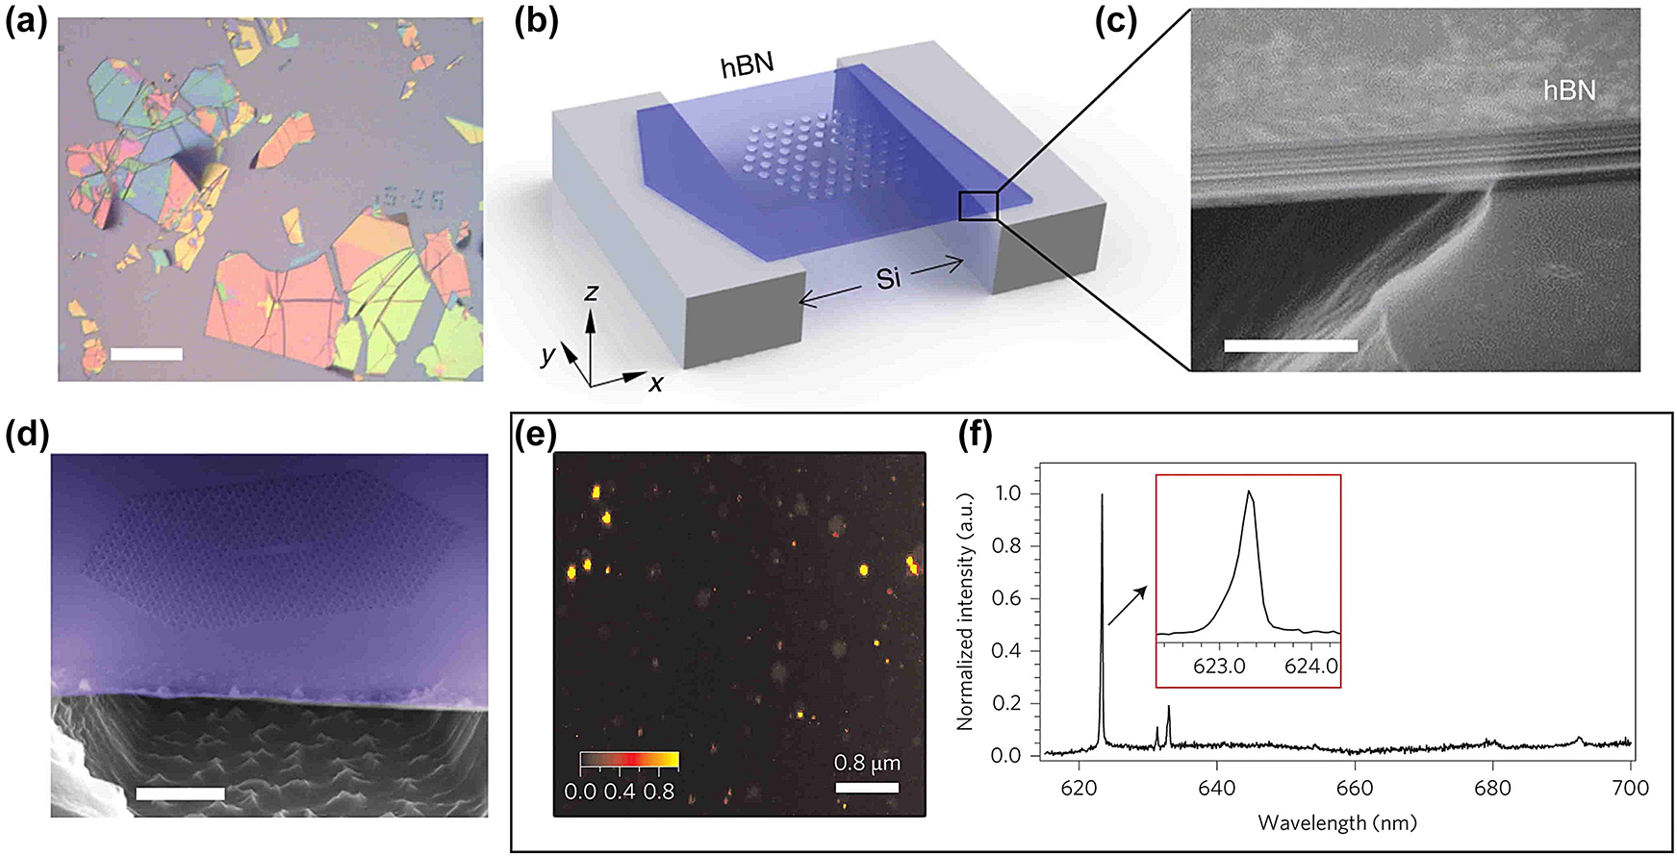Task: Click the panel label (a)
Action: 25,21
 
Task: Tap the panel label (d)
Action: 25,435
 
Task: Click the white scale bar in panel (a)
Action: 146,354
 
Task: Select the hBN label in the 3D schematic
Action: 747,65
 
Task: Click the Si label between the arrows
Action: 888,279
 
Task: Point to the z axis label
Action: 592,292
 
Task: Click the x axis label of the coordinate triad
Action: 655,384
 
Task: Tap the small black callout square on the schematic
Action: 978,206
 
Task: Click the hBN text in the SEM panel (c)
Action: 1569,90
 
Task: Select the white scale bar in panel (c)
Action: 1290,345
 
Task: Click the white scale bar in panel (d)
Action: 180,793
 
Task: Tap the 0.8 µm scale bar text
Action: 867,764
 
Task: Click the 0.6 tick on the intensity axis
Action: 1006,598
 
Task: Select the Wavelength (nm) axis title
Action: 1337,823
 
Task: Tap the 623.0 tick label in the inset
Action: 1219,667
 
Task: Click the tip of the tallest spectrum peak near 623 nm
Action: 1102,495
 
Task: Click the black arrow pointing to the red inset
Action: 1128,606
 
